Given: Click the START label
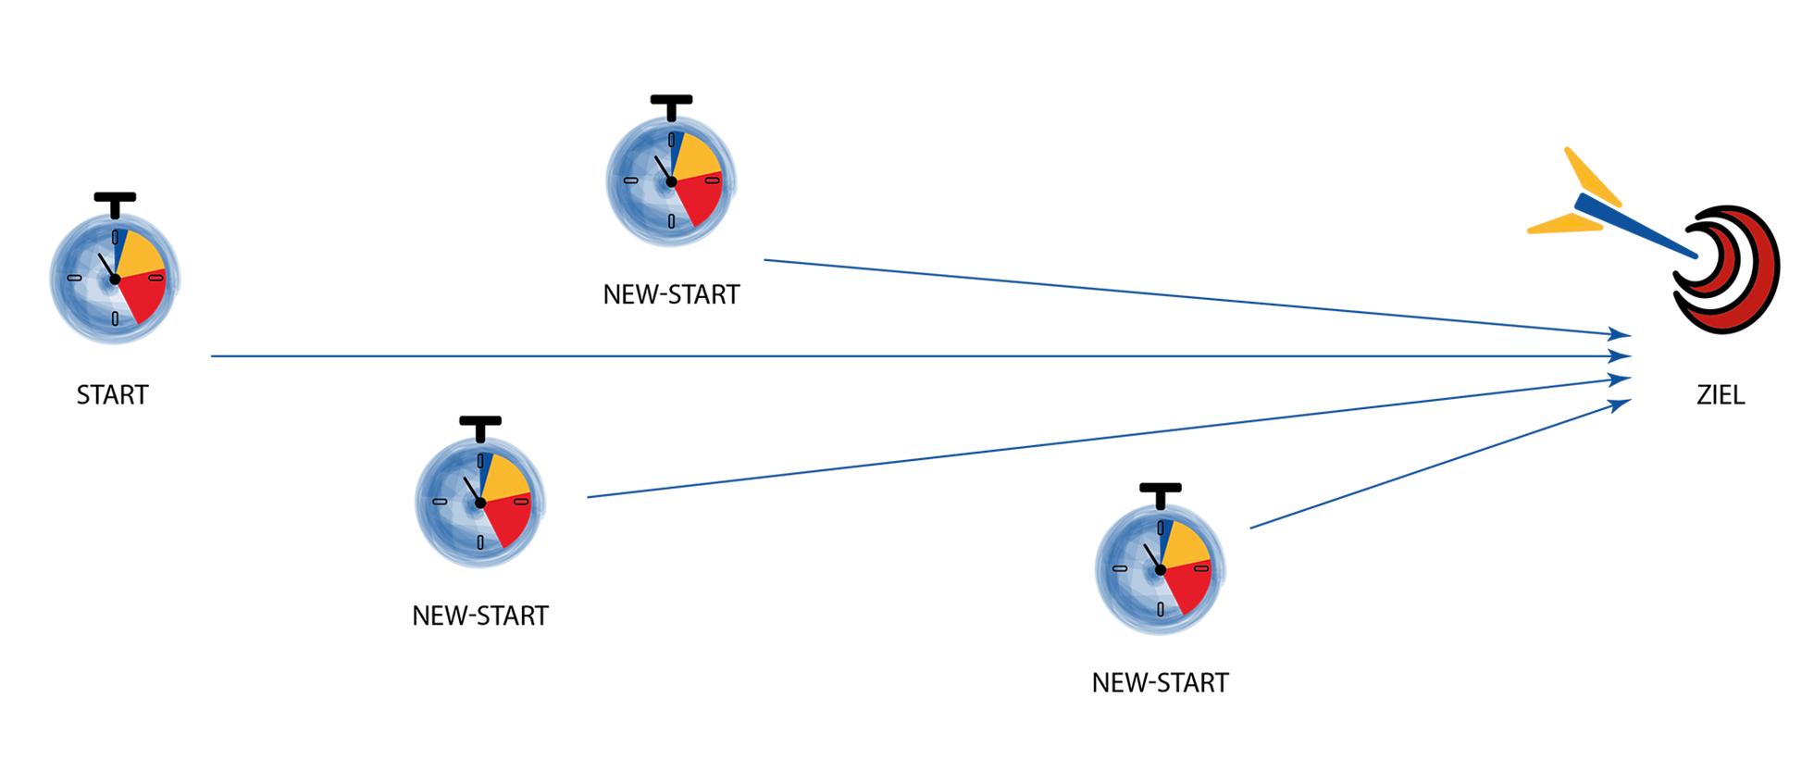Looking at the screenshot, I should click(x=112, y=395).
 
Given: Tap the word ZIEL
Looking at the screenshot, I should click(x=1721, y=395).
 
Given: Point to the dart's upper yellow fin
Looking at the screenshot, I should click(x=1592, y=176).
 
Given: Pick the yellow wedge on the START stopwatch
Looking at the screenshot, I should click(x=137, y=254).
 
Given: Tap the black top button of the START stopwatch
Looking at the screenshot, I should click(x=115, y=198).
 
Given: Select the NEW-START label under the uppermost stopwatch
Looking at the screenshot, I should click(x=672, y=294).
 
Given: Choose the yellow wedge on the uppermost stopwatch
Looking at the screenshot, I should click(x=694, y=156).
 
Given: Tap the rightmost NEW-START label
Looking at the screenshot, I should click(x=1161, y=682).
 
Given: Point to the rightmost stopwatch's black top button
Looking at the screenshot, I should click(x=1161, y=489).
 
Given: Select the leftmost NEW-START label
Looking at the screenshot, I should click(x=480, y=616).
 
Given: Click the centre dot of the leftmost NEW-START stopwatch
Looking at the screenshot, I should click(x=480, y=503).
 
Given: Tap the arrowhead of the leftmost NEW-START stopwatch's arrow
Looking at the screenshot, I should click(x=1621, y=379).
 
